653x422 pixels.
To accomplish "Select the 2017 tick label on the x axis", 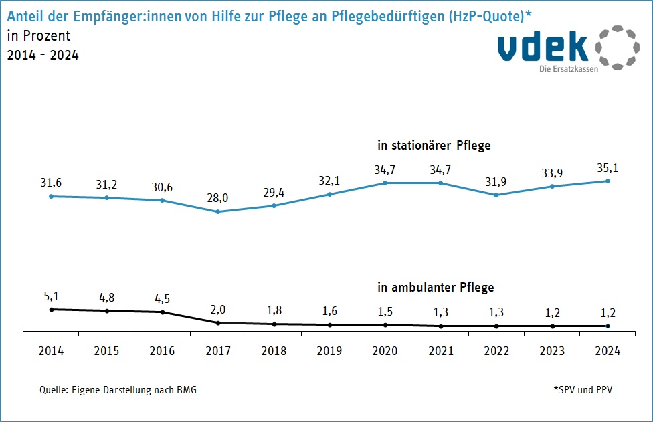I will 218,351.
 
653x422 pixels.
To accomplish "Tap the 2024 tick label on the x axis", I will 608,351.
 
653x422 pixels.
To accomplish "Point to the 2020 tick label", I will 385,351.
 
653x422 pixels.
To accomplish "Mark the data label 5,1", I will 52,296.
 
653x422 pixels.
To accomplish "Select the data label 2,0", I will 218,310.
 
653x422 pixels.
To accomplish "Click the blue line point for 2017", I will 218,212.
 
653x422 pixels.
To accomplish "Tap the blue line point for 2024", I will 608,181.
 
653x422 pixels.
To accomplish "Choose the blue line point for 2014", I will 52,196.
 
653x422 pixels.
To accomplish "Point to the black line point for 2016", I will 163,312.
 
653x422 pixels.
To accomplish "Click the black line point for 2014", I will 52,309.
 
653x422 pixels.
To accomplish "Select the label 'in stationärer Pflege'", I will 434,145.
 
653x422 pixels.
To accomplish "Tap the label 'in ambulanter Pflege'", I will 436,288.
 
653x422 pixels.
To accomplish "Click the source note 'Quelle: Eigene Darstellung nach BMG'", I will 118,390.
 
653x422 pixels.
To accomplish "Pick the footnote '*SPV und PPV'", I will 582,390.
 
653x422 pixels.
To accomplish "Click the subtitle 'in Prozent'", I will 38,36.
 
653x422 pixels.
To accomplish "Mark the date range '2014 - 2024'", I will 43,56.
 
